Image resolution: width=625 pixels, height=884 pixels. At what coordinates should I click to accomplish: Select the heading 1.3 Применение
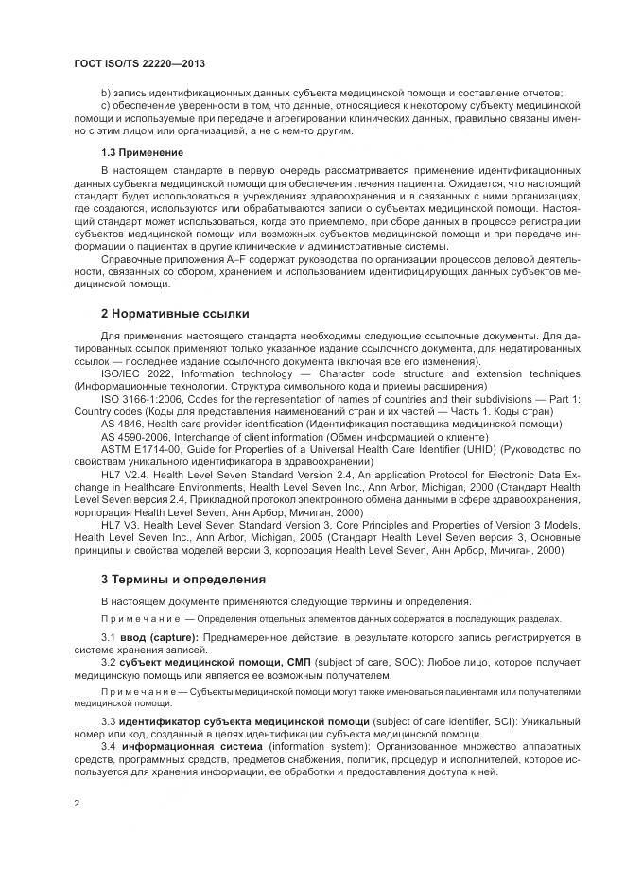pos(142,152)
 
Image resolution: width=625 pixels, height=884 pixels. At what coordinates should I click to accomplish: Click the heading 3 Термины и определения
pos(182,579)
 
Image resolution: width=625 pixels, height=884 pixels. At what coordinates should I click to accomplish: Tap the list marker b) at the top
pos(105,92)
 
